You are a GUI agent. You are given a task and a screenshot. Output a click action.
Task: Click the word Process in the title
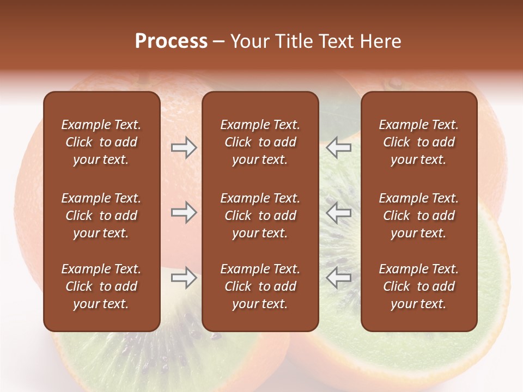pyautogui.click(x=171, y=41)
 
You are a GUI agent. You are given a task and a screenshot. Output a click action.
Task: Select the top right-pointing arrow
pyautogui.click(x=184, y=148)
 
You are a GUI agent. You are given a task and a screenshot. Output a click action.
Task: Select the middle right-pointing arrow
pyautogui.click(x=184, y=212)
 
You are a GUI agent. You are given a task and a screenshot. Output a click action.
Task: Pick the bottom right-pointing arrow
pyautogui.click(x=184, y=278)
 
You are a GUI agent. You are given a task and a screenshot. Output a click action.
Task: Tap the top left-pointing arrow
pyautogui.click(x=339, y=148)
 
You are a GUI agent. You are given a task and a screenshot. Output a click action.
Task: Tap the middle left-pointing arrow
pyautogui.click(x=339, y=212)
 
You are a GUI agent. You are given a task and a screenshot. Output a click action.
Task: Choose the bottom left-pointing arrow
pyautogui.click(x=339, y=278)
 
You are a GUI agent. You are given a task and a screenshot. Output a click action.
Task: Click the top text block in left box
pyautogui.click(x=101, y=142)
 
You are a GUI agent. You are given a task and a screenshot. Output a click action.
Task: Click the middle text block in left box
pyautogui.click(x=101, y=216)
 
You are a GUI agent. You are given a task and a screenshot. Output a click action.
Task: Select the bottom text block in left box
pyautogui.click(x=101, y=286)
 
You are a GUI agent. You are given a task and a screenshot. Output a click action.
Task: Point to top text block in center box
pyautogui.click(x=260, y=142)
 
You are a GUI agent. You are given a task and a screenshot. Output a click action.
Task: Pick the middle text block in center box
pyautogui.click(x=260, y=216)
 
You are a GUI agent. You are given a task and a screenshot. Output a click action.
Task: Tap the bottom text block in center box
pyautogui.click(x=260, y=286)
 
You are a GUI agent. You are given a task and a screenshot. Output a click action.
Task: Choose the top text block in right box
pyautogui.click(x=418, y=142)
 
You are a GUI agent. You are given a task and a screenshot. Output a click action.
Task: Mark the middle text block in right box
pyautogui.click(x=418, y=216)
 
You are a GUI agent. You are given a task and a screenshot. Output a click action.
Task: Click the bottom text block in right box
pyautogui.click(x=418, y=286)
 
